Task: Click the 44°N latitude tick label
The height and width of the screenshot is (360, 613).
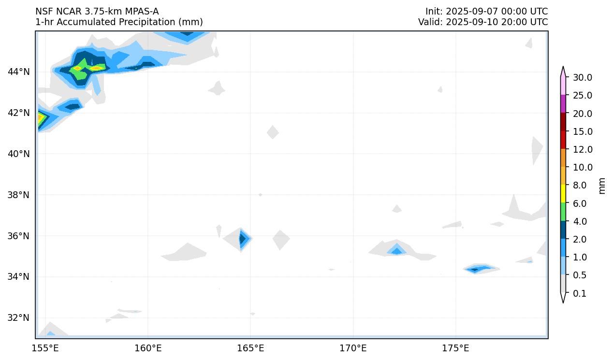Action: [19, 72]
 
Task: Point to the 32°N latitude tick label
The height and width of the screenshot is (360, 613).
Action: [19, 318]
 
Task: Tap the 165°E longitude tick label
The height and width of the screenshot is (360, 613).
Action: [250, 348]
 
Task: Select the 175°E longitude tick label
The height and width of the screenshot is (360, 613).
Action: [455, 348]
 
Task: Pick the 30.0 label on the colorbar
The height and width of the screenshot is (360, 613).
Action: [582, 78]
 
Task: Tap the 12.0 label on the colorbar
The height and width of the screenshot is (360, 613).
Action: [582, 150]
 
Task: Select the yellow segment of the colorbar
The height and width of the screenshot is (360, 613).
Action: [563, 194]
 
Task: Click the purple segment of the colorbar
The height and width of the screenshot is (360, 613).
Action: [563, 104]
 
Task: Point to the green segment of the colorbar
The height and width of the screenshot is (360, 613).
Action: [563, 212]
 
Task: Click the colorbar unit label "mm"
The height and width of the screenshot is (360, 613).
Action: [602, 186]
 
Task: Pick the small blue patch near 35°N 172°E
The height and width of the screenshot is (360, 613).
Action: [397, 251]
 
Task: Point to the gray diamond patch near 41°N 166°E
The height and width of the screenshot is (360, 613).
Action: [273, 132]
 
